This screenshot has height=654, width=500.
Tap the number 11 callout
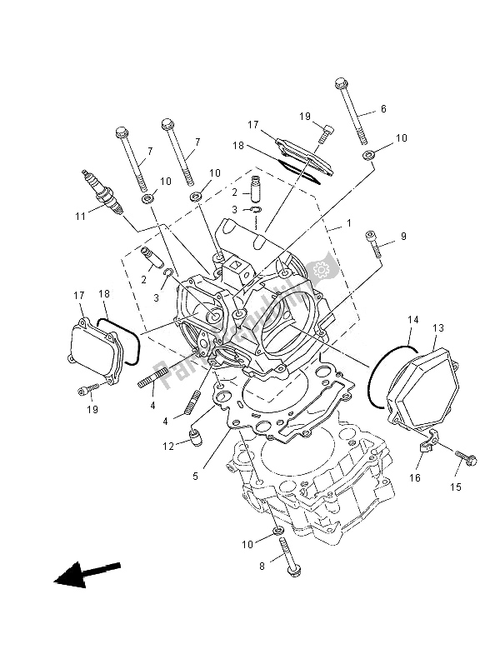tap(80, 216)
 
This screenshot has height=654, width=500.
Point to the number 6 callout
tap(383, 109)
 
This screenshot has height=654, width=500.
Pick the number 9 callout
tap(403, 237)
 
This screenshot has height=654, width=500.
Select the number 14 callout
tap(412, 319)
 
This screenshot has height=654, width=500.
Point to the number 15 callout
tap(455, 486)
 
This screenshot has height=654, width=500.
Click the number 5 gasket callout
tap(197, 477)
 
